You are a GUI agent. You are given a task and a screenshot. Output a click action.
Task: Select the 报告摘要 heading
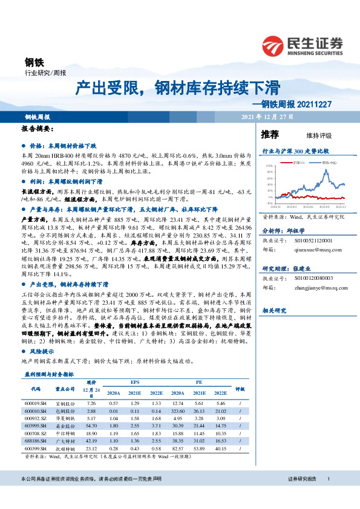38,129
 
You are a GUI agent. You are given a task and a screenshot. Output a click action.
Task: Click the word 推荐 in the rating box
270,134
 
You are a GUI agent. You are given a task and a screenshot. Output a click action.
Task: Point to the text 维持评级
311,135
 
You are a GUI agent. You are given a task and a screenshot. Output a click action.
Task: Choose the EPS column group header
134,382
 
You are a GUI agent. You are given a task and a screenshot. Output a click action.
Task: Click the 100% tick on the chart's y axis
269,164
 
